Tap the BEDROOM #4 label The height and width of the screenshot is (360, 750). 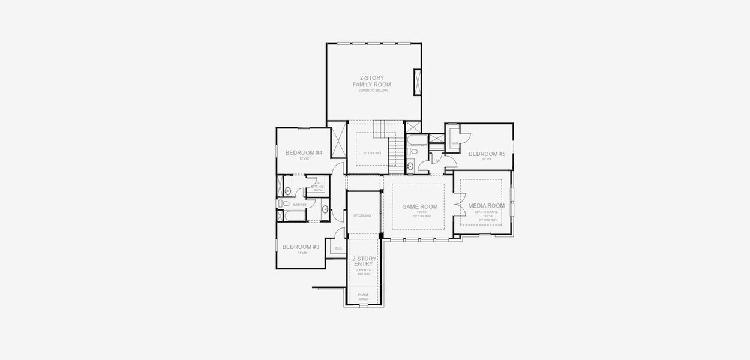304,153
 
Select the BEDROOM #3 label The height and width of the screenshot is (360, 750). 301,247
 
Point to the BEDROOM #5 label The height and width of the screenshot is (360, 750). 487,154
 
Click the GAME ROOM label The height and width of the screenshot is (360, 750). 419,206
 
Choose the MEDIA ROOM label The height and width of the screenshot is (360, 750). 487,206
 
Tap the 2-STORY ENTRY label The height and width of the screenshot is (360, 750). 364,261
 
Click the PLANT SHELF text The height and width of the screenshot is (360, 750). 364,296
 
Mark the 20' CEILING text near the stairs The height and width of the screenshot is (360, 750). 372,153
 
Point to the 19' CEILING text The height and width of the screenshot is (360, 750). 362,215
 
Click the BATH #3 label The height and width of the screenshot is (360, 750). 299,205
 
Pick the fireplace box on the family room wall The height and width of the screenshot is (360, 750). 417,82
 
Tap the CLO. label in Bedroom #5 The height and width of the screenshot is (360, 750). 455,143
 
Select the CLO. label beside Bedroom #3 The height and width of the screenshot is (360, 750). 338,248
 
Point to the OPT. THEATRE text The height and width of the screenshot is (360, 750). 487,212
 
